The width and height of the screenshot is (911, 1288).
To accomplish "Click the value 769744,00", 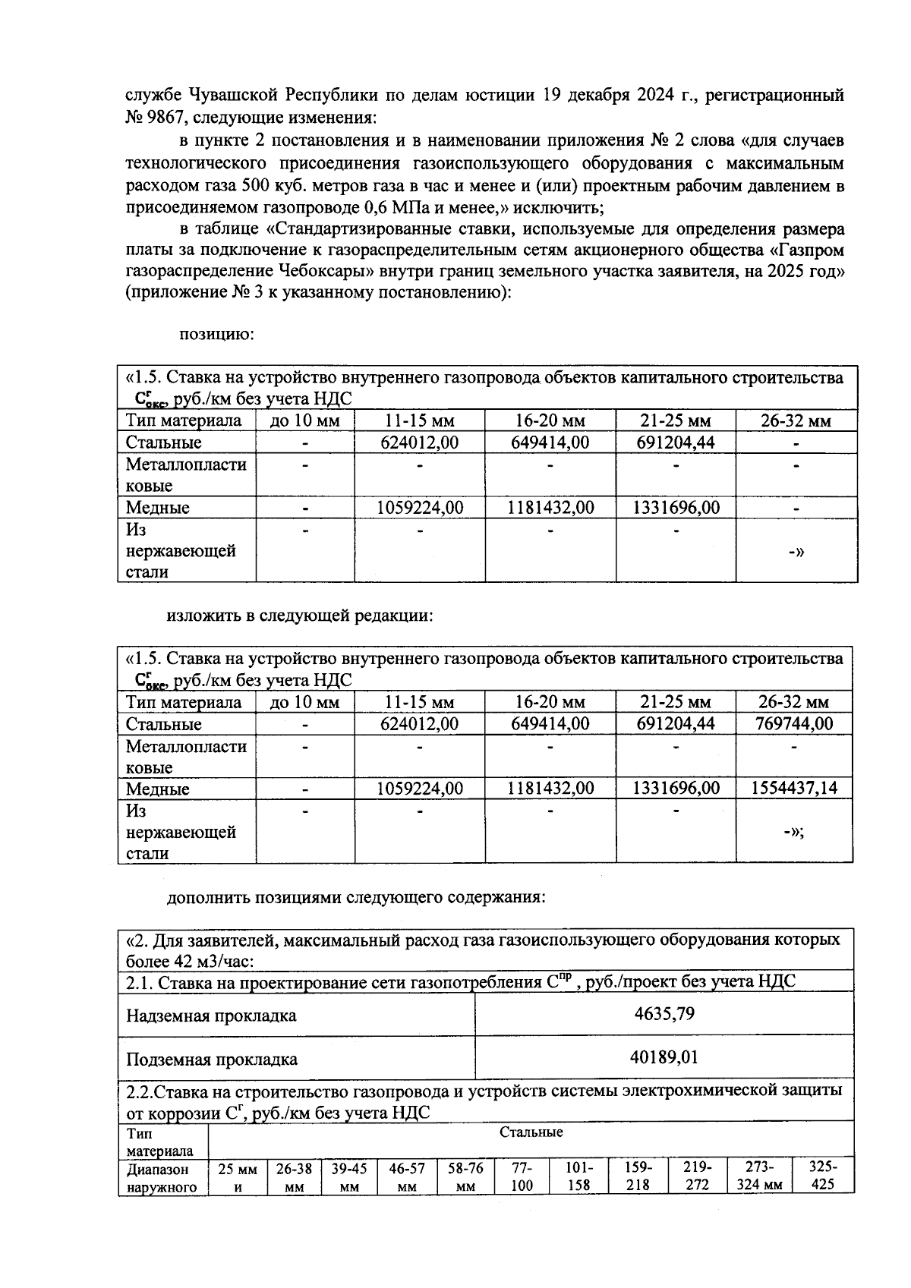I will pyautogui.click(x=794, y=724).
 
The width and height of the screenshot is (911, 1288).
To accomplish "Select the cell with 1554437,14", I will pyautogui.click(x=794, y=789).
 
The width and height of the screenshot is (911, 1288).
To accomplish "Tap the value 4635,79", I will pyautogui.click(x=664, y=1014).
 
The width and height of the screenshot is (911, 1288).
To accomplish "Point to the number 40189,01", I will pyautogui.click(x=664, y=1057).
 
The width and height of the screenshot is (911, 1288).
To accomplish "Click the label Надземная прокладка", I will pyautogui.click(x=211, y=1016).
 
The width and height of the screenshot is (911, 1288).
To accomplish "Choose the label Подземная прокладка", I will pyautogui.click(x=211, y=1060).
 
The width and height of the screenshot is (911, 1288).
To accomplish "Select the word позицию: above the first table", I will pyautogui.click(x=216, y=334).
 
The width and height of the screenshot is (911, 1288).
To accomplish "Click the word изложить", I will pyautogui.click(x=202, y=616).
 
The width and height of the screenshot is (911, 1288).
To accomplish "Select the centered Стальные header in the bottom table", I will pyautogui.click(x=531, y=1132).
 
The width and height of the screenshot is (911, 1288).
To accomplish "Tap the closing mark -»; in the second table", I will pyautogui.click(x=794, y=833).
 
